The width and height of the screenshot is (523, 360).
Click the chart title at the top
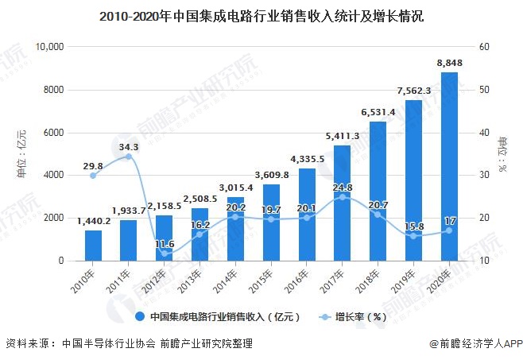(261, 15)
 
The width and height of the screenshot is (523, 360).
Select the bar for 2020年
(449, 166)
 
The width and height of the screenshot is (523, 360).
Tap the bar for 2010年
(93, 245)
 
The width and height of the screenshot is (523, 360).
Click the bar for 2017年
(341, 203)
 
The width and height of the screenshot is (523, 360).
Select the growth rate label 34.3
(129, 146)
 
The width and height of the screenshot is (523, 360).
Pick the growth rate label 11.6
(165, 243)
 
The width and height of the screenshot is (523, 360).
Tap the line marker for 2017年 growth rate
(341, 197)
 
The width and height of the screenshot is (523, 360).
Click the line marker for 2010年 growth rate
(93, 176)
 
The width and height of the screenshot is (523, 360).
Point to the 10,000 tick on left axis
(49, 47)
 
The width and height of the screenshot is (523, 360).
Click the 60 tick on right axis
(484, 47)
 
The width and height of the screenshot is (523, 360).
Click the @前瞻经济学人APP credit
(475, 344)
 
